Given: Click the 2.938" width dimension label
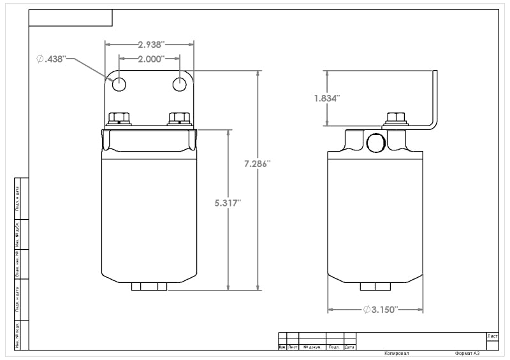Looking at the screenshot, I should (151, 45).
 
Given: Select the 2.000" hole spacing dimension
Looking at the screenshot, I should (150, 58).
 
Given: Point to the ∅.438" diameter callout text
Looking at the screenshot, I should (51, 59).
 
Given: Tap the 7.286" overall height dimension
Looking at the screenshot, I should (258, 164).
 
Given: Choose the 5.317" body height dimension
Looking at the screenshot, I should (228, 203).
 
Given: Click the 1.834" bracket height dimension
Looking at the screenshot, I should (326, 98).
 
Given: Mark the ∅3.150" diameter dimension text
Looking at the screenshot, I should (381, 310).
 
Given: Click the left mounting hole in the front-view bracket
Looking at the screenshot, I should (119, 83).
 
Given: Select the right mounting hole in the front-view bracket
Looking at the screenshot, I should (181, 83).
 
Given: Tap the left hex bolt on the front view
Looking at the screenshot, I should (119, 119).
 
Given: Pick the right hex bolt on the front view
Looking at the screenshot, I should (179, 119).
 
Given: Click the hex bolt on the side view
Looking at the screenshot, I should (397, 119).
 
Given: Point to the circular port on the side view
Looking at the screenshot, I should (376, 142).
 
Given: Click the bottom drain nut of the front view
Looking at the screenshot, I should (149, 287).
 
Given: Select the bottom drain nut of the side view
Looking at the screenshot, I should (375, 287).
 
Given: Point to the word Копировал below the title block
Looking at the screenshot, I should (397, 353).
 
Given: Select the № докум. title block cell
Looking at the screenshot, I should (312, 347).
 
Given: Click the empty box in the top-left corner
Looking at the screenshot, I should (71, 18).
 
